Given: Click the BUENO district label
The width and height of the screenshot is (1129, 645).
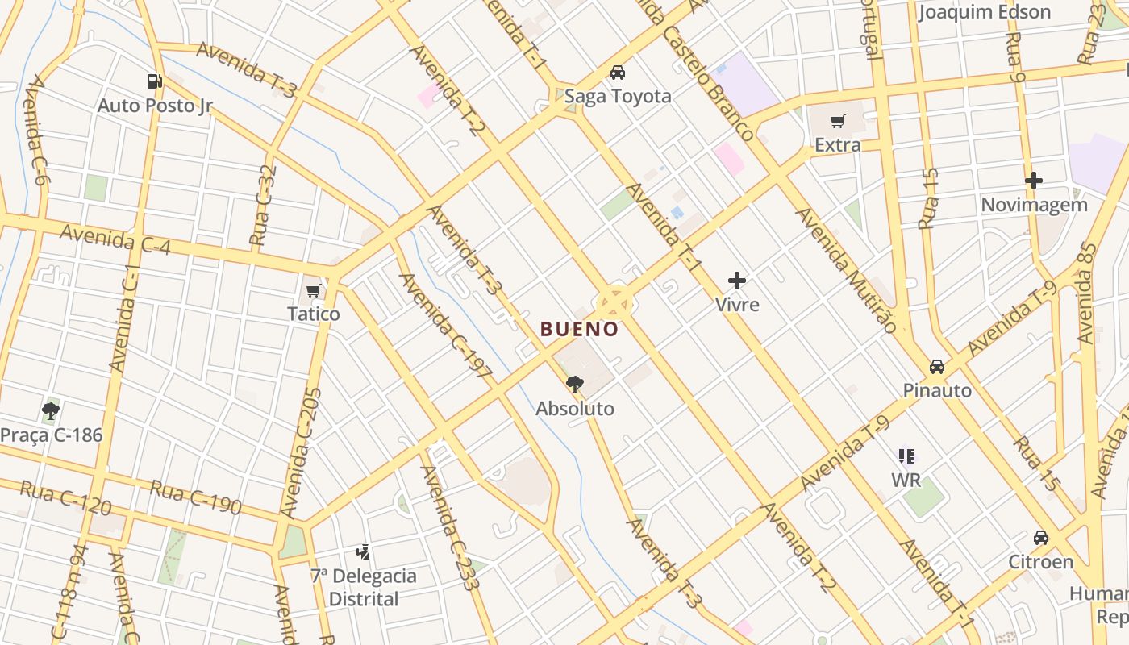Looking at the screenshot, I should [579, 329].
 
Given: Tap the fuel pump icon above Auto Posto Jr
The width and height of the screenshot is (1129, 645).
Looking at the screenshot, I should [154, 81].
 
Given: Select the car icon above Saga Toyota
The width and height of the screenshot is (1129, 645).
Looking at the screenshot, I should [618, 73].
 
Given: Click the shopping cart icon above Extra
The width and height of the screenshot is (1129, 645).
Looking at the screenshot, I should [838, 122].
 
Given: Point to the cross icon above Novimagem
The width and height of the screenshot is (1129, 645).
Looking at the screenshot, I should [1034, 181].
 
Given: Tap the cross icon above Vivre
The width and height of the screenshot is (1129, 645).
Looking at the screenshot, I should [737, 281].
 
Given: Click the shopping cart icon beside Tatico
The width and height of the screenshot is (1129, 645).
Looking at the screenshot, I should [314, 290].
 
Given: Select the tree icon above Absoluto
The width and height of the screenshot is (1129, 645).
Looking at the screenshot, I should [575, 384].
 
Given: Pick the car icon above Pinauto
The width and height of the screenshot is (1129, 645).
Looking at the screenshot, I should [937, 367].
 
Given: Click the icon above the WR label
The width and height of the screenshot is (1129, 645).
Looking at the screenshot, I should [906, 456].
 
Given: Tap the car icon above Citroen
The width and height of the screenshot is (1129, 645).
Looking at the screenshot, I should [1041, 538].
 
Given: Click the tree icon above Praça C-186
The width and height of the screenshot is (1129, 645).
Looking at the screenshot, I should [51, 411].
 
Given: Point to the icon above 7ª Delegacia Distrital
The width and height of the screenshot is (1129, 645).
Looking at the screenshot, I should [364, 552].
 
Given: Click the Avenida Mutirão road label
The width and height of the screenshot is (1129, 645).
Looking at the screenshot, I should [846, 270].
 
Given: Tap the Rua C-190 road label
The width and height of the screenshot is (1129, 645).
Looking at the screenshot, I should [195, 497].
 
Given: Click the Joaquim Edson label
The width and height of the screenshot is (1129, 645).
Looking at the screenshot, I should [985, 12].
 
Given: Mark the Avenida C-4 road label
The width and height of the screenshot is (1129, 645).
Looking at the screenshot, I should [115, 239].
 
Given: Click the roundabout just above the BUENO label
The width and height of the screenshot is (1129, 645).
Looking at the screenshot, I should [614, 304].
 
